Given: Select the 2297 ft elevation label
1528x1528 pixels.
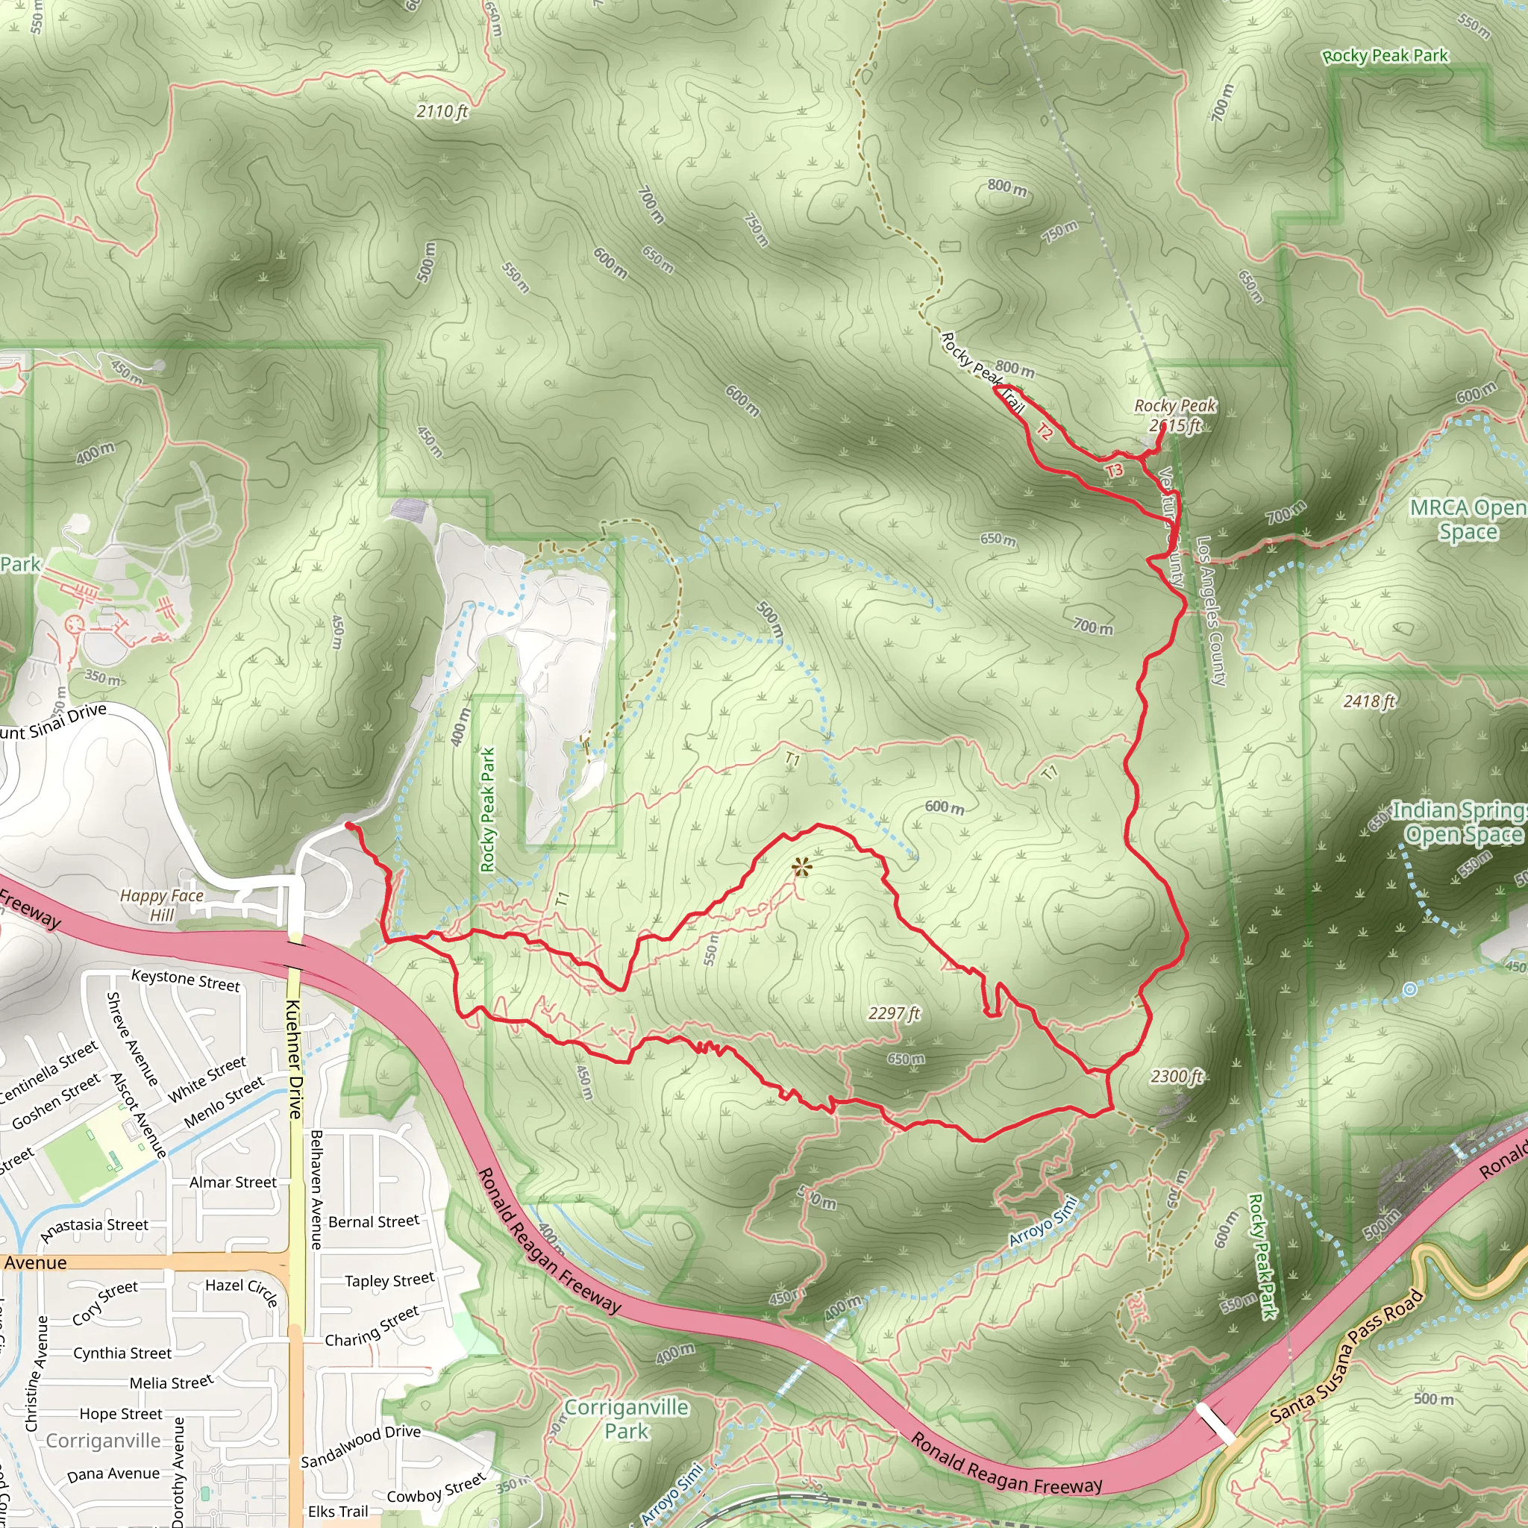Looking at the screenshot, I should click(894, 1013).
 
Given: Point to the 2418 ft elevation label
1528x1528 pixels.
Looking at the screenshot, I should click(1369, 701).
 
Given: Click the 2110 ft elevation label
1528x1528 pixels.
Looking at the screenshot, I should click(442, 111).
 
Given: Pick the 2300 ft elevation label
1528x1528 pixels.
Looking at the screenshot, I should click(1176, 1077).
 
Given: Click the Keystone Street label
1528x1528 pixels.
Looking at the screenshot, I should click(185, 980).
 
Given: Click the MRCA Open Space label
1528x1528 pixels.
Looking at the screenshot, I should click(1468, 519).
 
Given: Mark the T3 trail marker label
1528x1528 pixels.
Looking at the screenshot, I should click(1114, 471).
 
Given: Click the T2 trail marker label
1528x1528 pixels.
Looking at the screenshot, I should click(1045, 432).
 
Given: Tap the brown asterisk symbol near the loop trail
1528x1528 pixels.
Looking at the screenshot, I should click(801, 868).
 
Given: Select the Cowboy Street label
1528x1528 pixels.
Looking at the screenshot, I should click(436, 1488).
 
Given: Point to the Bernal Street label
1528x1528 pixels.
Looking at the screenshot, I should click(373, 1222).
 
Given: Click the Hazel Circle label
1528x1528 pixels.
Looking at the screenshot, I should click(241, 1292).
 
